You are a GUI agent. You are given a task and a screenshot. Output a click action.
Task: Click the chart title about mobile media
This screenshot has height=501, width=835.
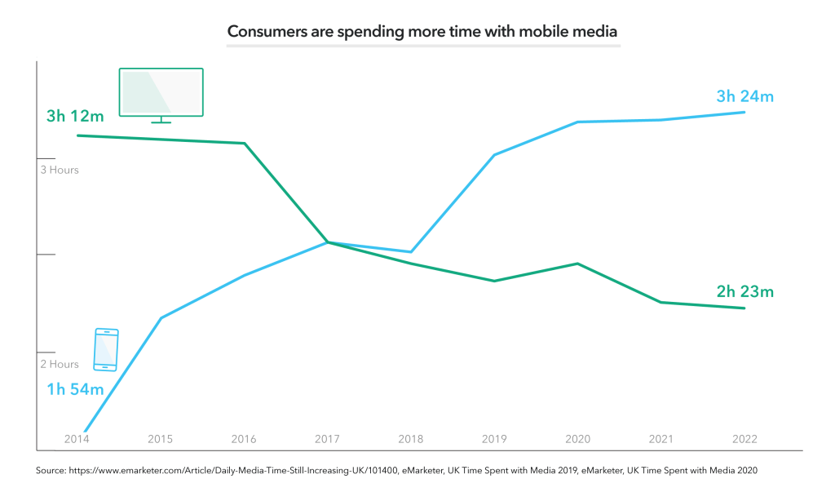pos(422,32)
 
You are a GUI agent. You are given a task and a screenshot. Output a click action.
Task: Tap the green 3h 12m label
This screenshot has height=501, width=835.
pos(75,116)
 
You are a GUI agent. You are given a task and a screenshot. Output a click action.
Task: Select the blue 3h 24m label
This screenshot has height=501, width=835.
pos(744,96)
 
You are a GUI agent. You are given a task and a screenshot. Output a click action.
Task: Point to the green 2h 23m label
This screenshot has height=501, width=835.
pos(744,290)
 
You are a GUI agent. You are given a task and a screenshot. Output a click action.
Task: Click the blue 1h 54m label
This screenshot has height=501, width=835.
pos(75,389)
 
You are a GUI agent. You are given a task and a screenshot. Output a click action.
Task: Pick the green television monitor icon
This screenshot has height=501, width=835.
pos(161,95)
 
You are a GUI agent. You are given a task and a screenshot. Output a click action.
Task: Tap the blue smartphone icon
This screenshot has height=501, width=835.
pos(106,349)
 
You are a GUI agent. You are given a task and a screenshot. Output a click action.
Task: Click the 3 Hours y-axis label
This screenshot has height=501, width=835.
pos(60,170)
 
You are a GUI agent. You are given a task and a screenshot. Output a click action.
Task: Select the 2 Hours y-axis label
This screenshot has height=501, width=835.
pos(60,364)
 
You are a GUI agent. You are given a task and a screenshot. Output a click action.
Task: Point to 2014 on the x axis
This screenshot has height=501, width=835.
pos(77,439)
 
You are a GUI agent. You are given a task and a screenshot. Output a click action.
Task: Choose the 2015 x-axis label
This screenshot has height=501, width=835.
pos(161,439)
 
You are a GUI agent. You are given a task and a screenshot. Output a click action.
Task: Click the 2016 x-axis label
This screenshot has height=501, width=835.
pos(244,439)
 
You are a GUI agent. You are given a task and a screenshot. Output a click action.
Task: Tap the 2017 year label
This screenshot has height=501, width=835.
pos(327,439)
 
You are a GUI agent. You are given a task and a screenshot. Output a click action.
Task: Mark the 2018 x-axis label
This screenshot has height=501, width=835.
pos(410,439)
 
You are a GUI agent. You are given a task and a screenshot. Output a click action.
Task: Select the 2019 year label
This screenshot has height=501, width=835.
pos(494,439)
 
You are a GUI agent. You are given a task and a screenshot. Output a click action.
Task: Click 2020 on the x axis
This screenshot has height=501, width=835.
pos(577,439)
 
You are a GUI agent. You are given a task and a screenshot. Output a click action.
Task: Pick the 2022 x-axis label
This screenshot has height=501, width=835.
pos(744,439)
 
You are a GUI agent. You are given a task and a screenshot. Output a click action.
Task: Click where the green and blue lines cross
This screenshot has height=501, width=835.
pos(327,242)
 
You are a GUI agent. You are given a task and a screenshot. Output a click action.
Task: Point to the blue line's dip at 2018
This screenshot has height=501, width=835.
pos(411,251)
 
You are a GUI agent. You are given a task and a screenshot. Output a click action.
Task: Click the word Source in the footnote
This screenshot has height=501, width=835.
pos(51,471)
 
